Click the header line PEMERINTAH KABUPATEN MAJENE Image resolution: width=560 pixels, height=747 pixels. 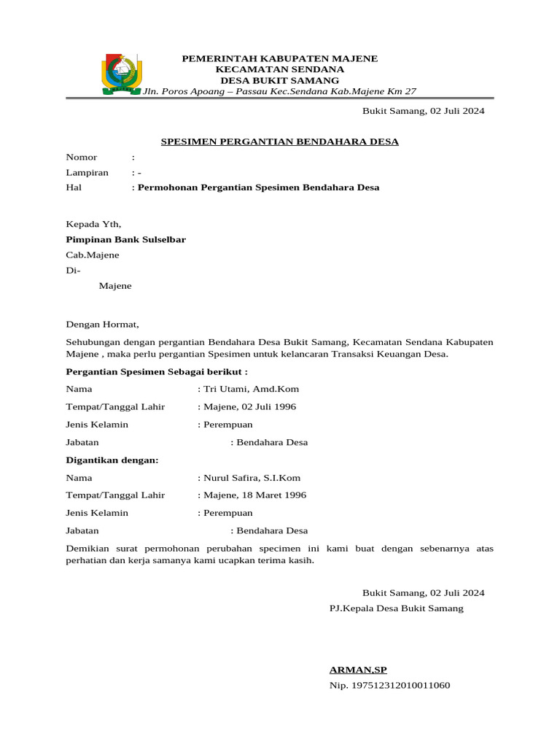279,58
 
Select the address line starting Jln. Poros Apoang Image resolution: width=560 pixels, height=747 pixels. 279,91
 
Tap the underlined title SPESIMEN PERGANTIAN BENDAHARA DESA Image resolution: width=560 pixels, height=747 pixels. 279,142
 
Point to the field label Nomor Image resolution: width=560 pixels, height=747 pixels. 82,158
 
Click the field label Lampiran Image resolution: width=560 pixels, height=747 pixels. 87,173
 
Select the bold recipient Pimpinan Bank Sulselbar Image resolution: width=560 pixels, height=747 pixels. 126,239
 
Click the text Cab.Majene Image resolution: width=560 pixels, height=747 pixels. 93,255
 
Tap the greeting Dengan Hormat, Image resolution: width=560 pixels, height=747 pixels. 102,325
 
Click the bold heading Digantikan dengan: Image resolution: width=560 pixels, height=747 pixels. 112,460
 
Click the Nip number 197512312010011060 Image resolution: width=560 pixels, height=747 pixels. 390,686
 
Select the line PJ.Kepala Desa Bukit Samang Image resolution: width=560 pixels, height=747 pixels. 396,608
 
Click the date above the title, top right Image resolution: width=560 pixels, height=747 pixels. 423,112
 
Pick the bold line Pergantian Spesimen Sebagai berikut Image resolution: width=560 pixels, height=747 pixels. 157,371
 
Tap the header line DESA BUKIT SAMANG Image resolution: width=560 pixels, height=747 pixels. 279,80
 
